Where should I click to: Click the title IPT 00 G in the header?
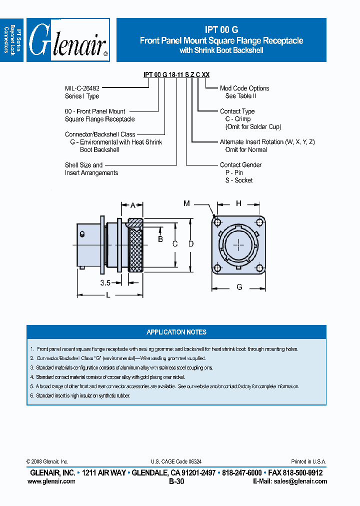(221, 29)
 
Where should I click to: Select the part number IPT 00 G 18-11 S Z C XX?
(176, 74)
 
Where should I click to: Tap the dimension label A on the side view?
(133, 205)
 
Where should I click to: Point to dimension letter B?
(160, 239)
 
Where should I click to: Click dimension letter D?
(190, 244)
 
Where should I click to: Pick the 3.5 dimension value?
(105, 282)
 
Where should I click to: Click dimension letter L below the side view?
(108, 295)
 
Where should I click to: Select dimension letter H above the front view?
(238, 203)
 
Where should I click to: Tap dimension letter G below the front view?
(239, 287)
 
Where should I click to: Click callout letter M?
(186, 203)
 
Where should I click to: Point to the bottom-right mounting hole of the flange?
(260, 267)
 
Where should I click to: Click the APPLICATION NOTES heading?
(176, 332)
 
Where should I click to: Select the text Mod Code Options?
(244, 88)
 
